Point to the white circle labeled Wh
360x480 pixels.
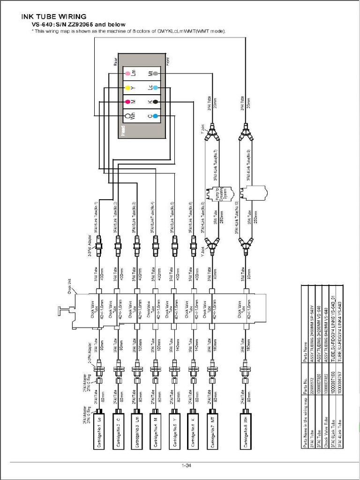tap(127, 115)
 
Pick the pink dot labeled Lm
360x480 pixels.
tap(127, 74)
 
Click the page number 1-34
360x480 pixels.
tap(186, 465)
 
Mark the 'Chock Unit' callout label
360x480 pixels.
tap(71, 285)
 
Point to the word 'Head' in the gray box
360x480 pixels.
tap(123, 129)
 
